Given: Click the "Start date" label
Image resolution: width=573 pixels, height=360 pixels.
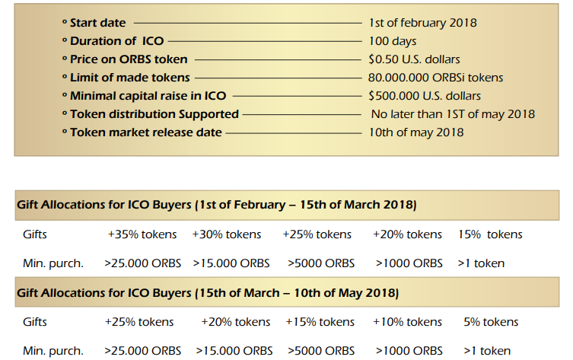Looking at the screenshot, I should [97, 23].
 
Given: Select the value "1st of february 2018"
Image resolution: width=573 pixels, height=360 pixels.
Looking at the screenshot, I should [422, 23].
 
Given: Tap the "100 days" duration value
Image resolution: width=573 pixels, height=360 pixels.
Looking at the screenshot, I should [392, 41].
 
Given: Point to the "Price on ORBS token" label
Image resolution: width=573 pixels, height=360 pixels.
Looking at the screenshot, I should [129, 59].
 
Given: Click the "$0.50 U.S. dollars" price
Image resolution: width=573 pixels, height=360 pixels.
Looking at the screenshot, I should [414, 59].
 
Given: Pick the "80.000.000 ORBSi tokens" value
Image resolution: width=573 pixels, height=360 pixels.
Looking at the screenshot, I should [435, 78].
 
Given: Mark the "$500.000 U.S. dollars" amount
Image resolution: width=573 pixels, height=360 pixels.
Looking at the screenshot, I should [424, 96].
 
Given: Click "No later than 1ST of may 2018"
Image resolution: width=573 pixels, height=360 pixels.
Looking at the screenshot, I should [453, 114].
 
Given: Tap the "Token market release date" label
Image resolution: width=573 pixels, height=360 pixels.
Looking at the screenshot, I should [145, 132].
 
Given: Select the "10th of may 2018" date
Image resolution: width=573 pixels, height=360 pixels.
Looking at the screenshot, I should [415, 132].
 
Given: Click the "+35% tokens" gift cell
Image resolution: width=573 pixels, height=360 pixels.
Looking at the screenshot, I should [142, 234].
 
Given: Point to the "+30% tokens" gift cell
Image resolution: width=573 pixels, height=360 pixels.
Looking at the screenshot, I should [227, 234].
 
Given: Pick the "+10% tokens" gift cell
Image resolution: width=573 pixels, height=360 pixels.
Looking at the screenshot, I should [407, 322].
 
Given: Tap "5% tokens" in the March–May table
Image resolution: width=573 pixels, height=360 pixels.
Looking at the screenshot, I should [491, 322].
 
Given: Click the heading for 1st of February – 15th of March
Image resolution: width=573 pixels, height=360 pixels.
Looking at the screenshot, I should [216, 205].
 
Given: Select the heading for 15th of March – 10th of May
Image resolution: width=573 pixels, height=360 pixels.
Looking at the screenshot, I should [207, 293].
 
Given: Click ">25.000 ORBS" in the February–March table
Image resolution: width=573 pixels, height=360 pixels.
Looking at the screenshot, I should [142, 263].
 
